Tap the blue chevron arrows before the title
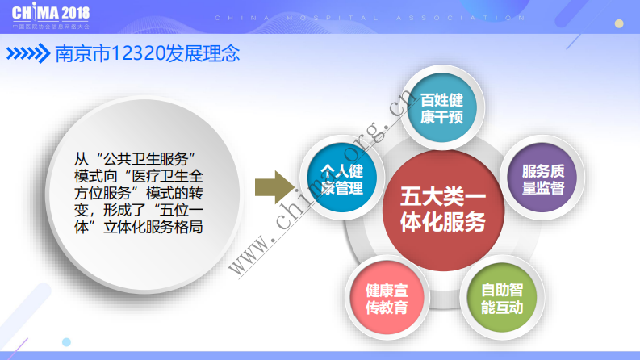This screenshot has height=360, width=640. pos(27,54)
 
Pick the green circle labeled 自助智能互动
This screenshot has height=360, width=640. pos(501,299)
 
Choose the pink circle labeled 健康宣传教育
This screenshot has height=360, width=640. pos(386,299)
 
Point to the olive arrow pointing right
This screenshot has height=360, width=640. pos(272,187)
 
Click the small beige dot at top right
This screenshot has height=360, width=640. pos(619,23)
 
